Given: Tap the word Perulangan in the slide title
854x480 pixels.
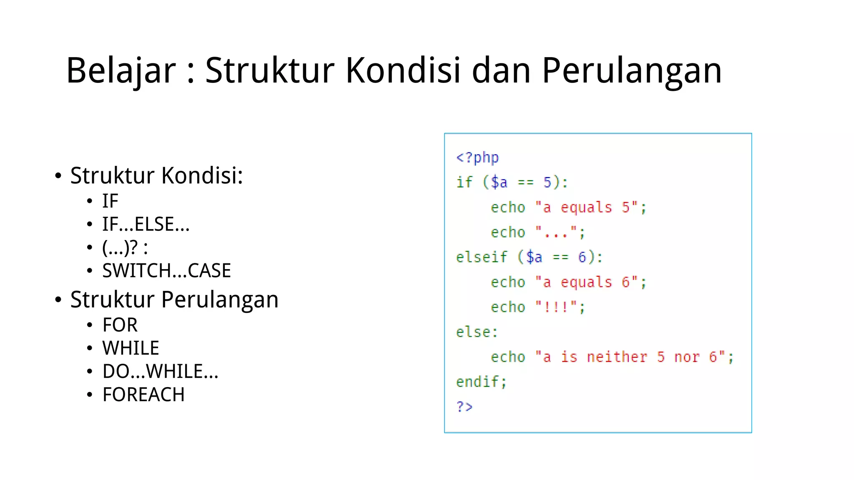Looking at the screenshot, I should (631, 71).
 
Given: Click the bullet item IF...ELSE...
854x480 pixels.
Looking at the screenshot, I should (146, 224).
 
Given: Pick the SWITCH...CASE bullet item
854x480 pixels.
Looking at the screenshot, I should (166, 271).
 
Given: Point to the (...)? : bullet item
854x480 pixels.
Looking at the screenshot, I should (125, 247).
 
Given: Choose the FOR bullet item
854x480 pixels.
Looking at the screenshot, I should (120, 325).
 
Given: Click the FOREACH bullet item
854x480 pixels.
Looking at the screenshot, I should (143, 395).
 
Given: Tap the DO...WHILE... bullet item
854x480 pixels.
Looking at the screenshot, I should (160, 371).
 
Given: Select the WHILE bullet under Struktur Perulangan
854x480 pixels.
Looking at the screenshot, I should (131, 348).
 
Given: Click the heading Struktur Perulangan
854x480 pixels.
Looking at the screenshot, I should (174, 300).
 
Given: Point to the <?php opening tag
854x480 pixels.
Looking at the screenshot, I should (477, 157).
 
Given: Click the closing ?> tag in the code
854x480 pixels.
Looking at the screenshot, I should (464, 406).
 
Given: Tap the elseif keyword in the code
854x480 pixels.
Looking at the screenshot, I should (481, 257).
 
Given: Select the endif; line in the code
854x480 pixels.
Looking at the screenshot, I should (481, 382).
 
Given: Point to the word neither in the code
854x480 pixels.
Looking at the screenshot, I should (617, 357).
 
